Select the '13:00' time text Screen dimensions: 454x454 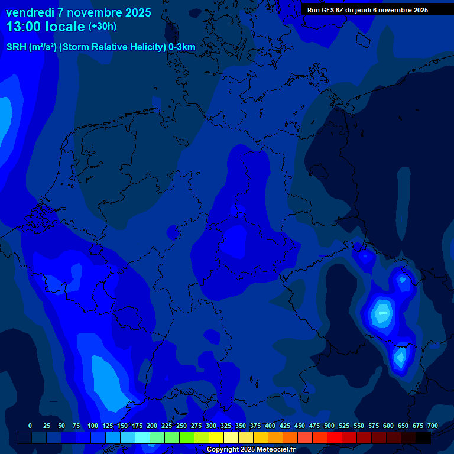24,26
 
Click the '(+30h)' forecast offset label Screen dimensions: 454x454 102,27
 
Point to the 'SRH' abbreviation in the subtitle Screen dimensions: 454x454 17,47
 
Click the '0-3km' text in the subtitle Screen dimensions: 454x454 182,47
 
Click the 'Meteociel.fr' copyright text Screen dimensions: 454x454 273,450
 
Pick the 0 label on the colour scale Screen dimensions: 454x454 30,426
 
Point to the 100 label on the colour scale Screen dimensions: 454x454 93,426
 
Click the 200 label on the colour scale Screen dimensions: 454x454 152,426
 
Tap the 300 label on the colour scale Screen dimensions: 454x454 211,426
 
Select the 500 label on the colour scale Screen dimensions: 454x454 329,426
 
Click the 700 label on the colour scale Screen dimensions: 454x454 433,426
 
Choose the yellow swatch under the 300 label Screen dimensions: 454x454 216,437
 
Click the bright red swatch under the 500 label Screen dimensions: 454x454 335,437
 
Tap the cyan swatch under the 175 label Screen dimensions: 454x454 142,437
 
